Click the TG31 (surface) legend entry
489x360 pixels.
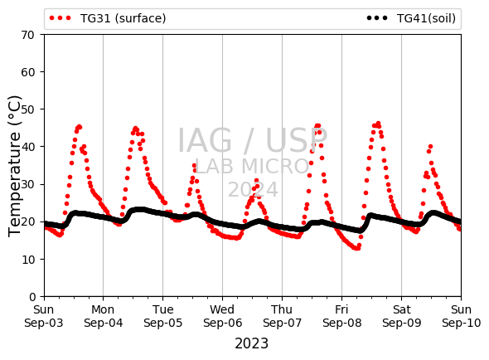108,18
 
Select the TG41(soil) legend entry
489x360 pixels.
411,18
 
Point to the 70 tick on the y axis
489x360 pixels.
27,35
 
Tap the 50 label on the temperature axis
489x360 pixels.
27,109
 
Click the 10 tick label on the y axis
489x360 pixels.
27,259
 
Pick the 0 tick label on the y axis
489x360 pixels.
32,297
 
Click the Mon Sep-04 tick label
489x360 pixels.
104,316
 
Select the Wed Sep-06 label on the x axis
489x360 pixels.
222,316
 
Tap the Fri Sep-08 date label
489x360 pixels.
341,316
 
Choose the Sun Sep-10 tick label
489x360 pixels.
462,316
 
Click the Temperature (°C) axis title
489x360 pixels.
15,166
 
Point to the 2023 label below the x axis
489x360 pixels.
251,343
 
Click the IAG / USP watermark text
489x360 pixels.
252,140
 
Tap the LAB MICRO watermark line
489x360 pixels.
252,166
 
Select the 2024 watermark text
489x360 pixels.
253,189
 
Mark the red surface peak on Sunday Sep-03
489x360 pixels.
79,127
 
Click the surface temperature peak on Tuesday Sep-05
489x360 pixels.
194,166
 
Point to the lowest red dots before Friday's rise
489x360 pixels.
356,248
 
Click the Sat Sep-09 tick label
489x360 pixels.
402,316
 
